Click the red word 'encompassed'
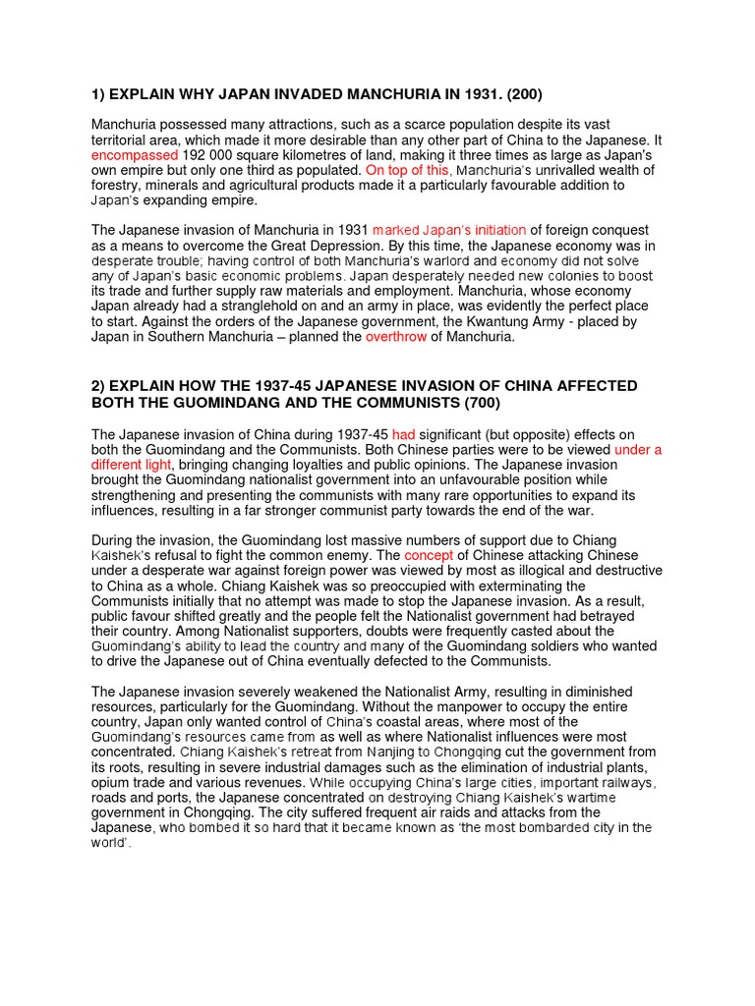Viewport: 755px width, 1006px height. coord(135,155)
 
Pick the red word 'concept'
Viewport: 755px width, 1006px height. coord(429,555)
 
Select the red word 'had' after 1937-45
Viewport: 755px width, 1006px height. coord(404,434)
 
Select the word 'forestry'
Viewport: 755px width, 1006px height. coord(121,185)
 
